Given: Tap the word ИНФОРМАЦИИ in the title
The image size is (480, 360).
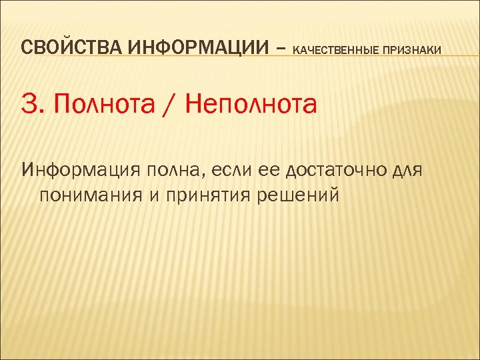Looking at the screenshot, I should (x=184, y=48).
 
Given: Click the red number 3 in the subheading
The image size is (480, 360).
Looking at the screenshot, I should (x=29, y=105).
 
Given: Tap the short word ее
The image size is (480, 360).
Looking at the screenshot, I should (x=265, y=171).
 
